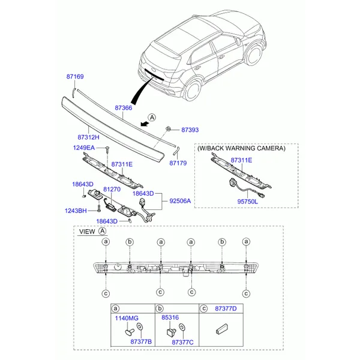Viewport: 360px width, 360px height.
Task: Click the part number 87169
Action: click(x=75, y=76)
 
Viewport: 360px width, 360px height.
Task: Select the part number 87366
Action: click(x=124, y=107)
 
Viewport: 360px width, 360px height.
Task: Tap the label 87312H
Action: click(x=88, y=137)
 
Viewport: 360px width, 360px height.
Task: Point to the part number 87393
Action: click(x=190, y=130)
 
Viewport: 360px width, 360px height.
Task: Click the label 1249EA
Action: click(x=84, y=148)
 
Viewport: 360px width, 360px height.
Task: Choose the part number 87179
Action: click(x=178, y=163)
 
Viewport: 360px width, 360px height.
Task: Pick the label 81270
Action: click(x=112, y=189)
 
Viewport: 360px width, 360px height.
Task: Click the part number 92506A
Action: click(x=180, y=201)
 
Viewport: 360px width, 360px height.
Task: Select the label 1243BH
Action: click(x=76, y=211)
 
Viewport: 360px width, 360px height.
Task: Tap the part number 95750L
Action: click(x=247, y=202)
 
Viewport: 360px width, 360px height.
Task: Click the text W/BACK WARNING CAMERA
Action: click(x=241, y=148)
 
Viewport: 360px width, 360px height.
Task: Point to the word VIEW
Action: click(x=87, y=232)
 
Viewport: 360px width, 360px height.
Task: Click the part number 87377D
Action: click(x=226, y=308)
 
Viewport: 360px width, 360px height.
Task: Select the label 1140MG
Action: click(x=127, y=318)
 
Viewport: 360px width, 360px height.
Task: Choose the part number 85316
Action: click(x=170, y=317)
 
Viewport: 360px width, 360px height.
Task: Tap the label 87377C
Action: click(x=182, y=343)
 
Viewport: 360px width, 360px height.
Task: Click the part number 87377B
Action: click(x=141, y=341)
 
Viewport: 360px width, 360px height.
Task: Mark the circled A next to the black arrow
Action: click(x=152, y=118)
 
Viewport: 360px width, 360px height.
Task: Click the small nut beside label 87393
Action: click(x=168, y=129)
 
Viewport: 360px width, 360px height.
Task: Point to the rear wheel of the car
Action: click(x=193, y=90)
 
